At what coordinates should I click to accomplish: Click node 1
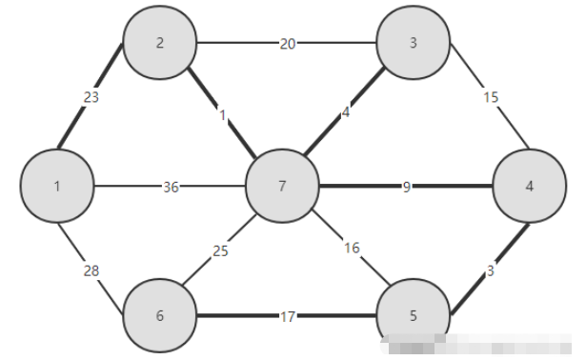57,186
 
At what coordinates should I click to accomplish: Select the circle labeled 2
160,44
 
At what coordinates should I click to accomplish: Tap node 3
412,44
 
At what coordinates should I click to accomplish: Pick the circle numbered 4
529,187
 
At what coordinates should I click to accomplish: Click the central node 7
282,187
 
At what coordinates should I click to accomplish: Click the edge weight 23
91,96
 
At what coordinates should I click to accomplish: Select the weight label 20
287,44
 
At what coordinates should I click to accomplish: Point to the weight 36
171,187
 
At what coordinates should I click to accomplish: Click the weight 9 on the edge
406,187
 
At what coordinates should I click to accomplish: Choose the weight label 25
220,251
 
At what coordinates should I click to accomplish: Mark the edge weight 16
352,249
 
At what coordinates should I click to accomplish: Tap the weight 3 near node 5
490,272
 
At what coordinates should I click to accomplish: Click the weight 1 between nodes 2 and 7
223,116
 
